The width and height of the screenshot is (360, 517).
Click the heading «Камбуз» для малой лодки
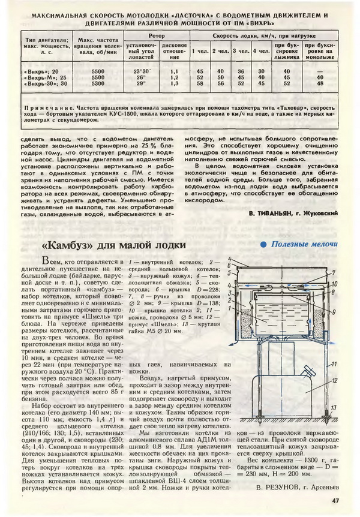click(111, 246)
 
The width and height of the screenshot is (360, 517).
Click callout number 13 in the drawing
click(335, 407)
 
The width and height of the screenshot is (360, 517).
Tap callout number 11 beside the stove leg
click(334, 363)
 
